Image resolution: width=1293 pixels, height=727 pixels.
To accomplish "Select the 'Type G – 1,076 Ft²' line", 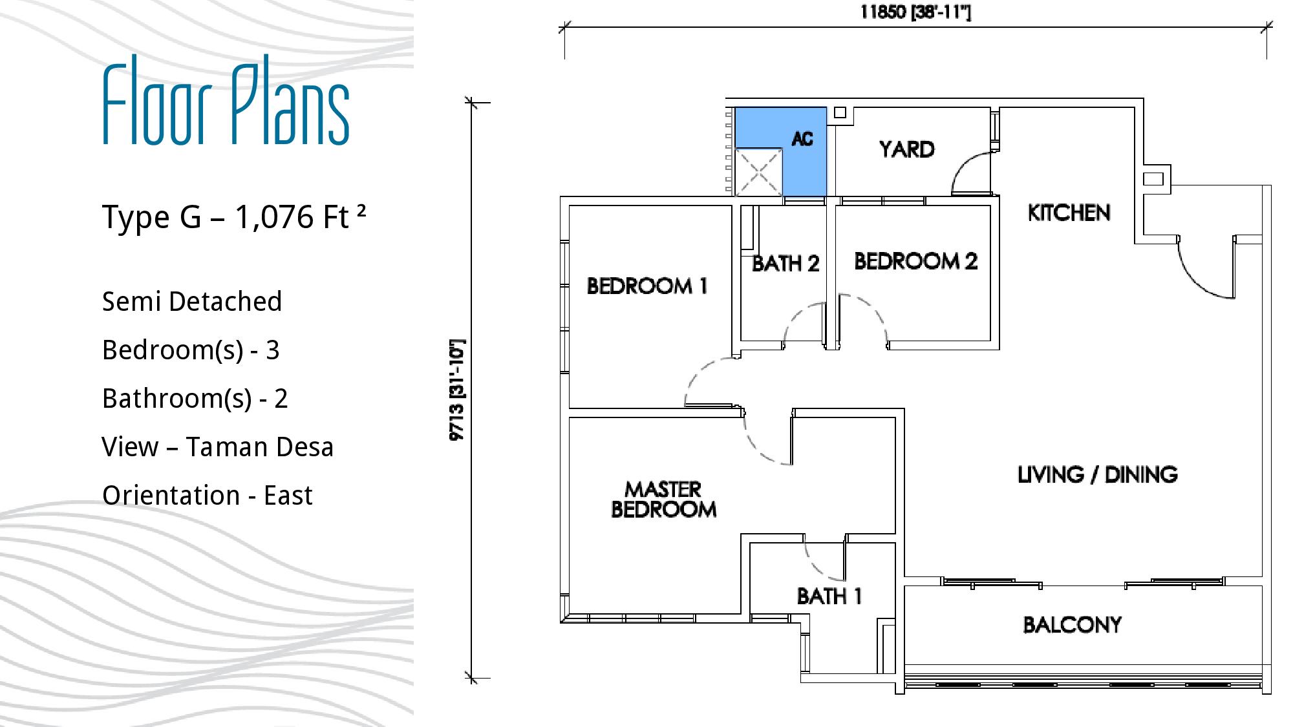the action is [234, 216].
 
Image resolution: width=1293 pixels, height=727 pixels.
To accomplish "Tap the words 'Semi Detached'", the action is [192, 301].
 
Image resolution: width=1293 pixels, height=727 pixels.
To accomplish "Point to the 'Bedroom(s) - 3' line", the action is [191, 350].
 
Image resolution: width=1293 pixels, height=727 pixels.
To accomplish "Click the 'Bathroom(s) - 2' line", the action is [195, 399].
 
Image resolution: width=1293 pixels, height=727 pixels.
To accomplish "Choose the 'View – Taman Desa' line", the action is [218, 447].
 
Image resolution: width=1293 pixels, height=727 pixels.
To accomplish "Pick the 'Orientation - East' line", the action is [208, 495].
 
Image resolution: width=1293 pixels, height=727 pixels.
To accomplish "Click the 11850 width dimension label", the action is [915, 12].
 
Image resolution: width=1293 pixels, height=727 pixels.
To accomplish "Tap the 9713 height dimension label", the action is [457, 390].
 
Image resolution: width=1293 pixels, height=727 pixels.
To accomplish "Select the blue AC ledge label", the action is [802, 139].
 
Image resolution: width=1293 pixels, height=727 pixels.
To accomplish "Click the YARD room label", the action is [906, 149].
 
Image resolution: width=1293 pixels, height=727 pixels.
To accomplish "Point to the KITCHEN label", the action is [1069, 213].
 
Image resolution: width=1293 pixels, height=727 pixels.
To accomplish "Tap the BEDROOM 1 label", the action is [647, 286].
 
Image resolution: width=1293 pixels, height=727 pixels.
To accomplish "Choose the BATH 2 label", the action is [785, 263].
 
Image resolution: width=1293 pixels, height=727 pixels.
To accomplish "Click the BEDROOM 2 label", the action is [916, 261].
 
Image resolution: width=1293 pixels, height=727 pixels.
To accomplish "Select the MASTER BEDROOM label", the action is [664, 500].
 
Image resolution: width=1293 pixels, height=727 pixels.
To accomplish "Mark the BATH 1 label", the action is [829, 596].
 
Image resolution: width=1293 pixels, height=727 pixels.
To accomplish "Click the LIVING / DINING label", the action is [1098, 475].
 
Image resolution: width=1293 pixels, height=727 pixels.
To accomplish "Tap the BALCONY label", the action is [1073, 625].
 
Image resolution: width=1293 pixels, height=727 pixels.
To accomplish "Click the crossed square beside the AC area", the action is [758, 172].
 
